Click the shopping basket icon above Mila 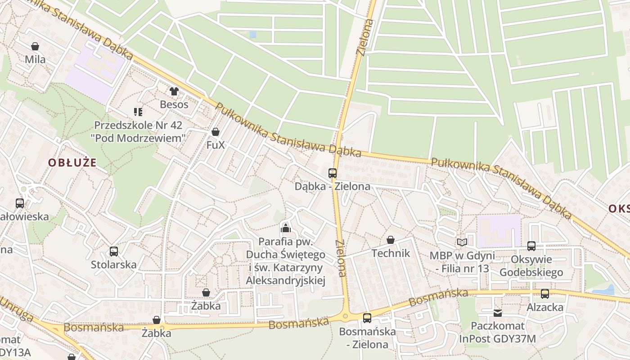coord(35,46)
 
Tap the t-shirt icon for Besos coord(174,91)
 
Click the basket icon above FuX coord(216,132)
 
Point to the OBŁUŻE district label coord(72,162)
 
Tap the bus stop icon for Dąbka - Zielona coord(333,173)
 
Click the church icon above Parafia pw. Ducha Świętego coord(285,228)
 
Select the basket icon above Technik coord(391,240)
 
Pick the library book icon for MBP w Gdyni coord(462,242)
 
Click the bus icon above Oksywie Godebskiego coord(531,246)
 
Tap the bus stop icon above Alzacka coord(545,294)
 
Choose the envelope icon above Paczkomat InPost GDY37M coord(497,313)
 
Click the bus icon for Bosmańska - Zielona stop coord(367,318)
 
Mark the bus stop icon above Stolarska coord(114,251)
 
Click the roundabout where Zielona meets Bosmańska coord(346,316)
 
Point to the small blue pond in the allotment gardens coord(252,34)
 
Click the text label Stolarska coord(114,264)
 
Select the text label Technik coord(391,253)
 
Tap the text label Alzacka coord(545,307)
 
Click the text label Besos coord(174,104)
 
